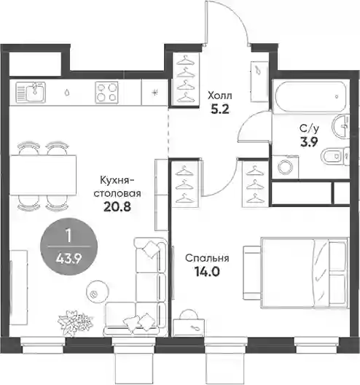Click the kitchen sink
pyautogui.click(x=31, y=92)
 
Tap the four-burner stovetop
pyautogui.click(x=106, y=92)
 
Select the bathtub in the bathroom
pyautogui.click(x=310, y=96)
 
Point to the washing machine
pyautogui.click(x=286, y=167)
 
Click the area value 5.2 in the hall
pyautogui.click(x=220, y=109)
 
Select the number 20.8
pyautogui.click(x=117, y=207)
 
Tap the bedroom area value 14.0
pyautogui.click(x=207, y=271)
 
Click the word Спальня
pyautogui.click(x=207, y=258)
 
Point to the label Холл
pyautogui.click(x=219, y=96)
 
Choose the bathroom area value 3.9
pyautogui.click(x=309, y=141)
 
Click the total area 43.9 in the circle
pyautogui.click(x=69, y=259)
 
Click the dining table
pyautogui.click(x=43, y=174)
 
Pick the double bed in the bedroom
pyautogui.click(x=305, y=273)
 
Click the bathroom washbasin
pyautogui.click(x=340, y=126)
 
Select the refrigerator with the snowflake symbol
pyautogui.click(x=154, y=93)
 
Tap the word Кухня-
pyautogui.click(x=117, y=181)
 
